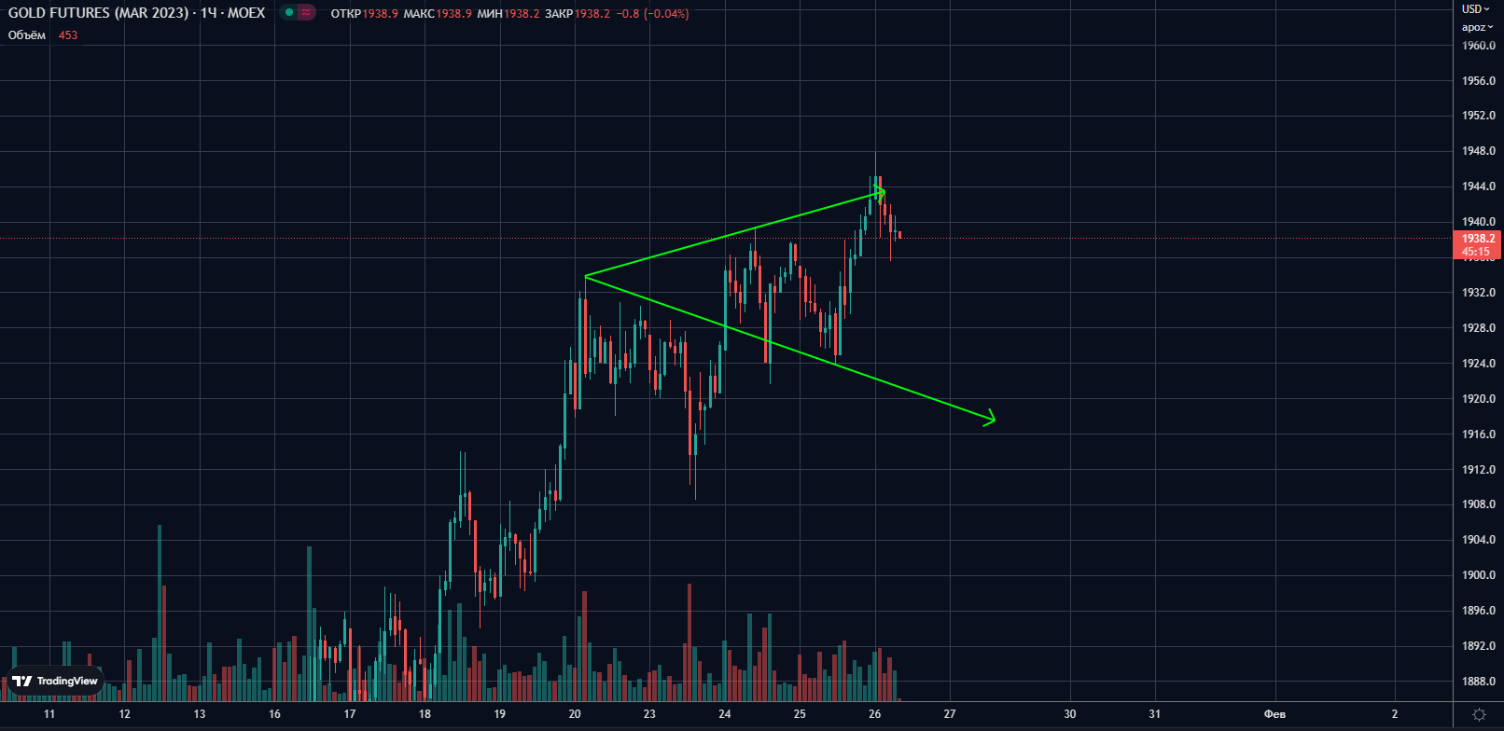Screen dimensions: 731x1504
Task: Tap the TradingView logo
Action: pyautogui.click(x=55, y=681)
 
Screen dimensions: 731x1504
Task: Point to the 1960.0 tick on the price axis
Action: pyautogui.click(x=1478, y=46)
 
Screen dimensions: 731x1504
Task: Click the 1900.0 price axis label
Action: pyautogui.click(x=1478, y=575)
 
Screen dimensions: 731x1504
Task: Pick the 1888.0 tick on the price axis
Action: pyautogui.click(x=1478, y=682)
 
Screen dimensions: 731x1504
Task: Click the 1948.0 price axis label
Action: pyautogui.click(x=1478, y=151)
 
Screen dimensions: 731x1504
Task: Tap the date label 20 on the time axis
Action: pyautogui.click(x=575, y=714)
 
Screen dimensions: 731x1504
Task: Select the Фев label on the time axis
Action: pyautogui.click(x=1274, y=714)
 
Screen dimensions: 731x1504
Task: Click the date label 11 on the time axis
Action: pyautogui.click(x=49, y=714)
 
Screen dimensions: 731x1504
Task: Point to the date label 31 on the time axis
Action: pyautogui.click(x=1155, y=714)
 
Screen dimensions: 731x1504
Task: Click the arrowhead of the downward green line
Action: pyautogui.click(x=993, y=420)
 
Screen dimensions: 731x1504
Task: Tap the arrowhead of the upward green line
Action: pyautogui.click(x=882, y=192)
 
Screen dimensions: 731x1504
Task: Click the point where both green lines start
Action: pyautogui.click(x=585, y=276)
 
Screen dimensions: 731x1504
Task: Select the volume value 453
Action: pyautogui.click(x=68, y=35)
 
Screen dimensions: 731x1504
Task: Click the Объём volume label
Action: pyautogui.click(x=27, y=35)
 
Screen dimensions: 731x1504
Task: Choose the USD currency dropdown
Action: pyautogui.click(x=1475, y=8)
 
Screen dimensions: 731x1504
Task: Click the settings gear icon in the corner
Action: pyautogui.click(x=1479, y=714)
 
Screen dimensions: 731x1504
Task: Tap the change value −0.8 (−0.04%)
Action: pyautogui.click(x=652, y=14)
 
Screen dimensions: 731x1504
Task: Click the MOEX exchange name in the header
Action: pyautogui.click(x=246, y=13)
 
